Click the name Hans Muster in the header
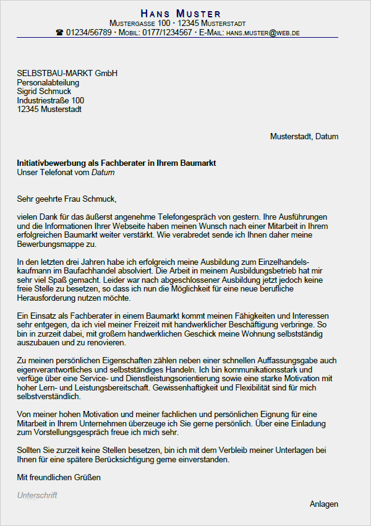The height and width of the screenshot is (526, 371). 180,13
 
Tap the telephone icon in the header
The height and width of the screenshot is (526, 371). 59,32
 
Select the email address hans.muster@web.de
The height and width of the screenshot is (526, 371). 262,32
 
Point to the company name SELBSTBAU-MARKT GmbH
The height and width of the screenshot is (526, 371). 67,74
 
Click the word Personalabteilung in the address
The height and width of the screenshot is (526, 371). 48,83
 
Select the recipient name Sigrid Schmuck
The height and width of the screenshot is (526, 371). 44,92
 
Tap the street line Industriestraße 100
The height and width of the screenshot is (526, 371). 51,100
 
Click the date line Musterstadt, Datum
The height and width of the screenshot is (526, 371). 304,137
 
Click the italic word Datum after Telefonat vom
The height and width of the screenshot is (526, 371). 103,173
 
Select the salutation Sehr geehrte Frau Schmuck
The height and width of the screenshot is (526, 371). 67,199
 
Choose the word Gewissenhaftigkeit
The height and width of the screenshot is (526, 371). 195,387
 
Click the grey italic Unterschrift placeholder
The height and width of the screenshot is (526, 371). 37,496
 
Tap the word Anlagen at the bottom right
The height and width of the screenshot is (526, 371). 324,504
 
